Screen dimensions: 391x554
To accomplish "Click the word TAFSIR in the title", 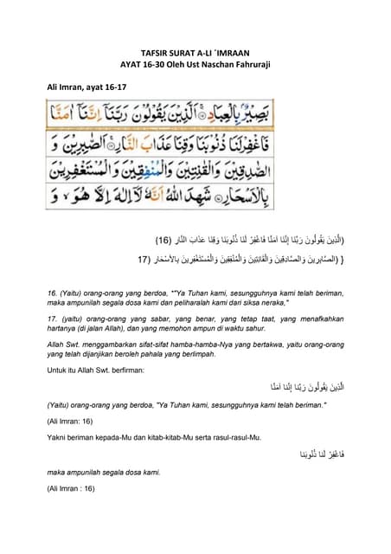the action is tap(155, 52).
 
